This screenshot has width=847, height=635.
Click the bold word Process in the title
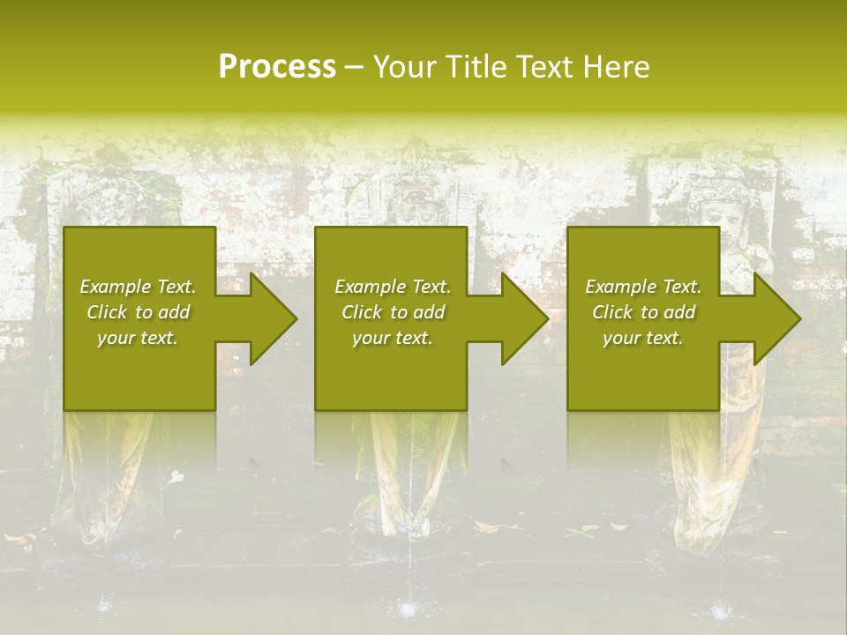coord(277,66)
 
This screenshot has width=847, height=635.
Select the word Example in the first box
coord(116,287)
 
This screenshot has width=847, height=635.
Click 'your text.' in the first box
coord(138,337)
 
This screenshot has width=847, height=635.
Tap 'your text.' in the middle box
coord(393,337)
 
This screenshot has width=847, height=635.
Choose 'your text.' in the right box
coord(643,337)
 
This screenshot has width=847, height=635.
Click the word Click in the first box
coord(108,312)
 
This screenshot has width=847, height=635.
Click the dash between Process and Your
coord(354,67)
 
